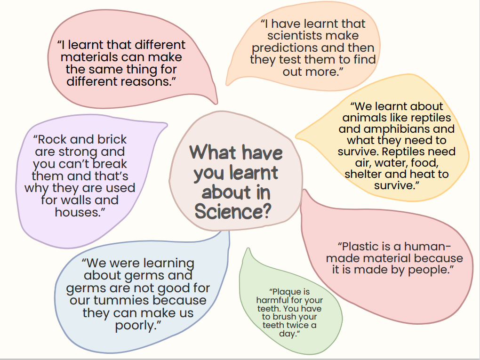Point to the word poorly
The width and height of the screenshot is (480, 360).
[x=136, y=325]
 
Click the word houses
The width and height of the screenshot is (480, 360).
[x=78, y=212]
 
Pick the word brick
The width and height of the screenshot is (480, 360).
[x=112, y=140]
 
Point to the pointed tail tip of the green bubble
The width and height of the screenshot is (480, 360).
[x=248, y=248]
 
